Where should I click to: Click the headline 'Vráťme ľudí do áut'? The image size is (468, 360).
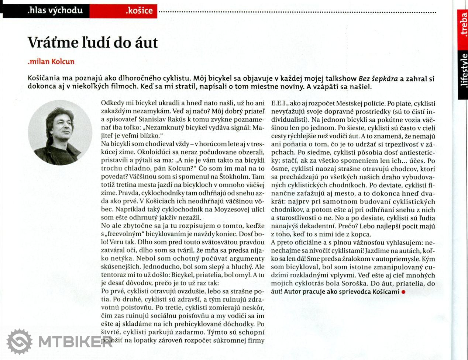click(x=93, y=43)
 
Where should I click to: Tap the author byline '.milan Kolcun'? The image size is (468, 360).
click(x=51, y=62)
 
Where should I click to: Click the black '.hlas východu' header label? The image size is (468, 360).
click(x=55, y=10)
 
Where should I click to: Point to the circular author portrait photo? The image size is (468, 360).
click(x=60, y=132)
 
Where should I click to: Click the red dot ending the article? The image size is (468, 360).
click(x=403, y=292)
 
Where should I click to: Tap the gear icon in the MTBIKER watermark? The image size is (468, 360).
click(x=20, y=342)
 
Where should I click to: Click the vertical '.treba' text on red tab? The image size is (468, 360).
click(x=464, y=26)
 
